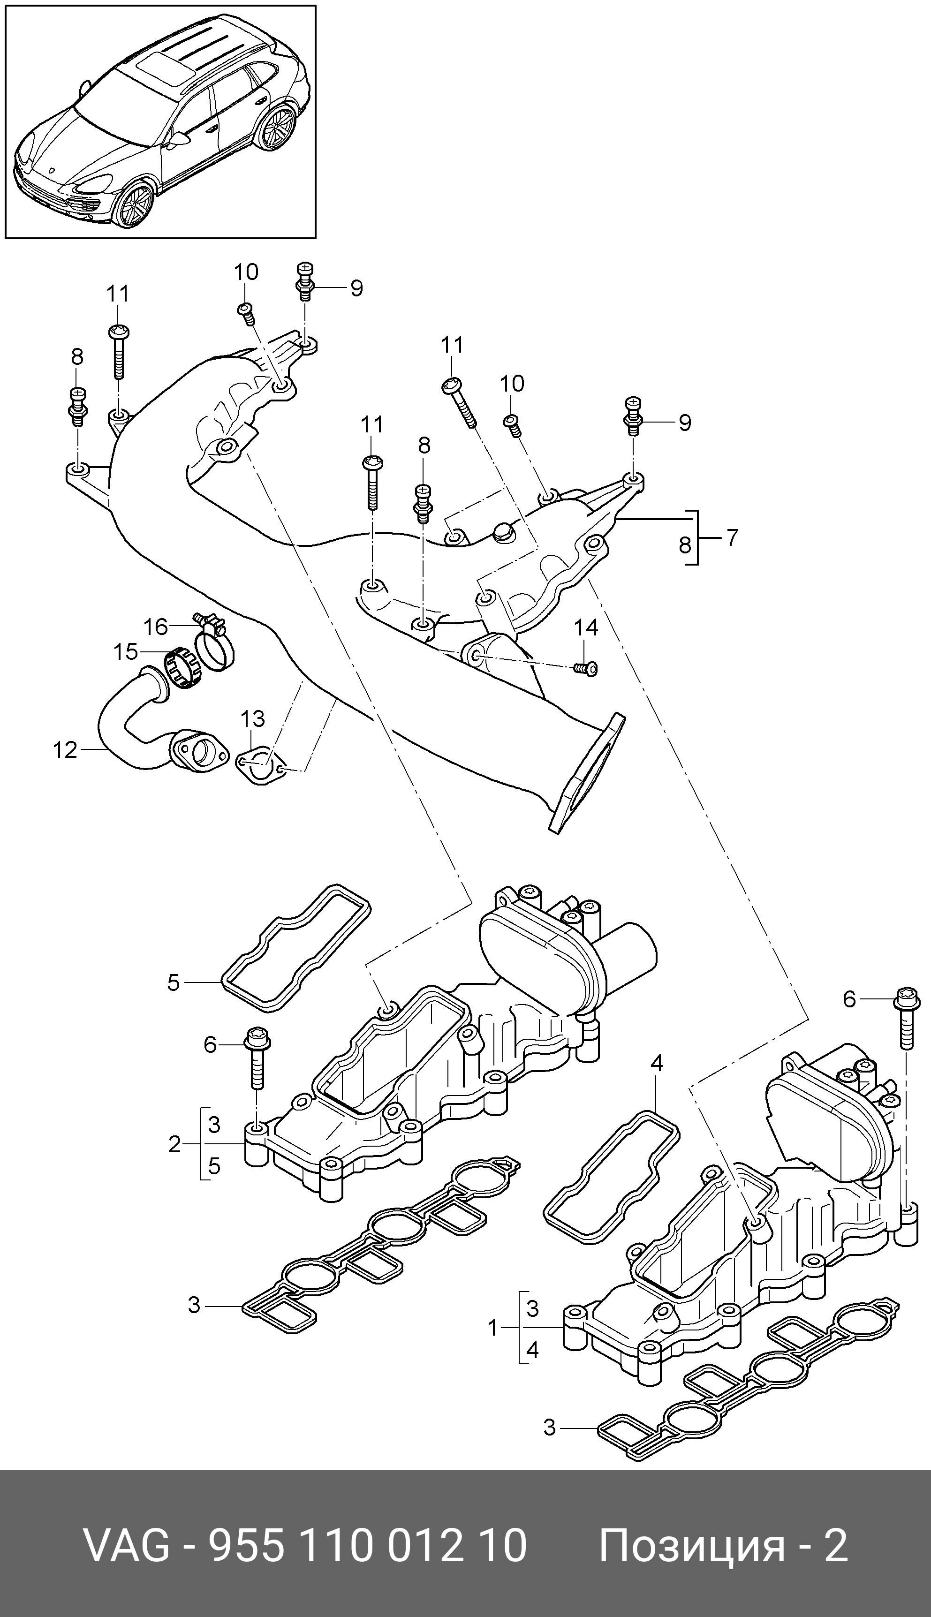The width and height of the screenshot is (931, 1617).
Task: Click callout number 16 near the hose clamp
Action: coord(155,627)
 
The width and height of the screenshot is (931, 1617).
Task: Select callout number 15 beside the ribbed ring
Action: coord(125,652)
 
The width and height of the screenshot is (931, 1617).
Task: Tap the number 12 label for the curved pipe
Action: coord(65,749)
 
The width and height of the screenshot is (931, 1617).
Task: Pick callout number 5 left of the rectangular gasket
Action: coord(173,983)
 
